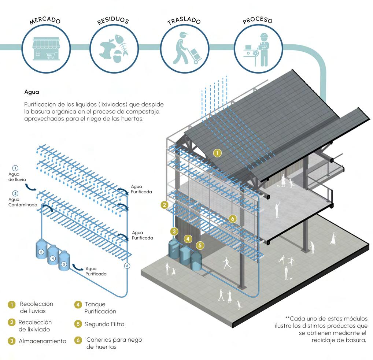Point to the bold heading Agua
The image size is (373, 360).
coord(32,92)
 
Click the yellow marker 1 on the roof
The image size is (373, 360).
coord(218,153)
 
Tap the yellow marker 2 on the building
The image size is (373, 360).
coord(165,205)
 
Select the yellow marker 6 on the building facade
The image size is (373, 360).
coord(232,219)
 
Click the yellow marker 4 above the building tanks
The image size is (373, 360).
coord(188,238)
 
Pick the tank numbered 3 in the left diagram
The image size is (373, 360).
coord(41,250)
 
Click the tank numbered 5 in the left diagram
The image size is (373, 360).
coord(64,263)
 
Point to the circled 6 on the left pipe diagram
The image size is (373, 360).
coord(127,266)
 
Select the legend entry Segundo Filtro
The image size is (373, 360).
coord(104,324)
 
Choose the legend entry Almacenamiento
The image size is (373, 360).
coord(42,341)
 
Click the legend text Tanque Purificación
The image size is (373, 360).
coord(100,308)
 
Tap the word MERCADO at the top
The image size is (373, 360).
coord(45,21)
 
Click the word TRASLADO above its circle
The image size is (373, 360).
coord(184,21)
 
